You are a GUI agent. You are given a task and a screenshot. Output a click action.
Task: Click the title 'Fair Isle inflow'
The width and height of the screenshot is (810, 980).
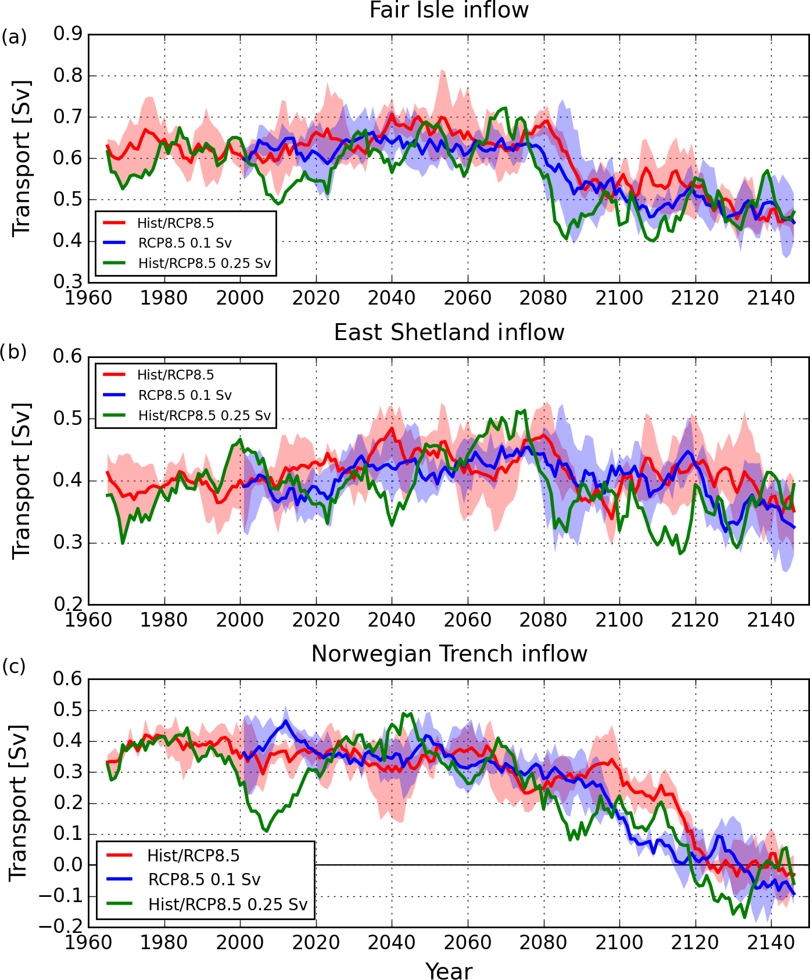449,10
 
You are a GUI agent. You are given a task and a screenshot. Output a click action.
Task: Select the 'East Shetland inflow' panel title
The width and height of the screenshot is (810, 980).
449,332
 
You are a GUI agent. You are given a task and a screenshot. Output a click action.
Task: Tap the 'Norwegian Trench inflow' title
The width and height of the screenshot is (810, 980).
449,654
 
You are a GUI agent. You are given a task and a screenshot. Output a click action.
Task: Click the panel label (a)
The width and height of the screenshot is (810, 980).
14,38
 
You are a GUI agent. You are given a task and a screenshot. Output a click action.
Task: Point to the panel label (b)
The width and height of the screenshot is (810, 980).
14,352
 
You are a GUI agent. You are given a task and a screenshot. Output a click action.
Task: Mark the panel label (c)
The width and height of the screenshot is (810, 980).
14,667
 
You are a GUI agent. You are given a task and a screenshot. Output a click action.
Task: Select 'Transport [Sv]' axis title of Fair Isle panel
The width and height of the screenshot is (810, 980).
21,158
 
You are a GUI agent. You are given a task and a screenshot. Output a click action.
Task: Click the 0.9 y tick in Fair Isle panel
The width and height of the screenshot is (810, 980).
68,34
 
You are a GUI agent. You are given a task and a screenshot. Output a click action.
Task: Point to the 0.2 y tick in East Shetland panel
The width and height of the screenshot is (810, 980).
68,605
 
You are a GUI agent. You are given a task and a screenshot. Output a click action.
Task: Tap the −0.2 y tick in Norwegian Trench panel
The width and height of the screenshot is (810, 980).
60,927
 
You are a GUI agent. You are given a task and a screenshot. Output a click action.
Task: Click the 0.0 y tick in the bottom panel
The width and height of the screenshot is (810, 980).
68,865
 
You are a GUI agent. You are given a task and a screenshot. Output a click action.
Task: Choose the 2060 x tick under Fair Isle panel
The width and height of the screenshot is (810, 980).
467,298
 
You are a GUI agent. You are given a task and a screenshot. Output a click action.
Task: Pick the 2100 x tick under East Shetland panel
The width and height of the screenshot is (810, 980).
619,620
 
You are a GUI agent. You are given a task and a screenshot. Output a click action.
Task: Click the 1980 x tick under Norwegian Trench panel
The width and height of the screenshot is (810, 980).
164,942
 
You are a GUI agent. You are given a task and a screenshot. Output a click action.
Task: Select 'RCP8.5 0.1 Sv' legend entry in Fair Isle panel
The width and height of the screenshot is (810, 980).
185,243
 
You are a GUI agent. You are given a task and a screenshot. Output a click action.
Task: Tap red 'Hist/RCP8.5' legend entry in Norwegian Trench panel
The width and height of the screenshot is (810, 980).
193,856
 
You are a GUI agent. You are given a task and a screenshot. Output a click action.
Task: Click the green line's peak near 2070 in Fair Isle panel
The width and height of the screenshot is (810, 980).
505,108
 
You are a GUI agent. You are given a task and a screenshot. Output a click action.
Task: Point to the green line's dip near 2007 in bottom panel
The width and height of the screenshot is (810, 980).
267,831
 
